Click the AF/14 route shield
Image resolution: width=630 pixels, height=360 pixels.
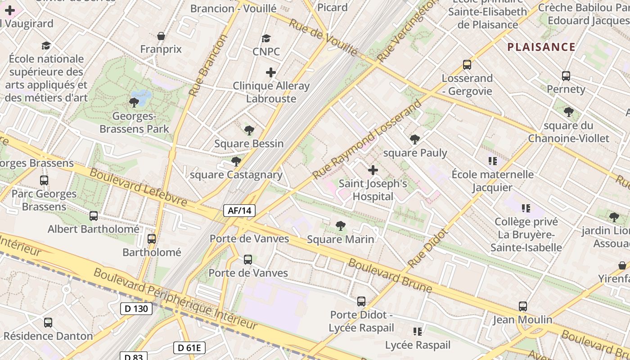point(239,211)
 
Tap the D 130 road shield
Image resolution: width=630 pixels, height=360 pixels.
point(136,309)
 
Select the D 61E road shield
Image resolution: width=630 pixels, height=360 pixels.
point(189,347)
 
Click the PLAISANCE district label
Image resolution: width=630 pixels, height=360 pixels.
point(541,47)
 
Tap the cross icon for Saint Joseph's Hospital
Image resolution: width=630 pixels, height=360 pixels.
point(373,170)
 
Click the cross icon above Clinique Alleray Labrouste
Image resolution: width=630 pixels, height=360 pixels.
point(271,72)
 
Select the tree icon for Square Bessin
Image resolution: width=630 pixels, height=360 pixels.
point(249,130)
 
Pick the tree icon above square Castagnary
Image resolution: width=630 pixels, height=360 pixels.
point(236,162)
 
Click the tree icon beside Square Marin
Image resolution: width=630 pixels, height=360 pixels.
point(341,226)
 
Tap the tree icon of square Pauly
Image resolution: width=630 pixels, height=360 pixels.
point(415,139)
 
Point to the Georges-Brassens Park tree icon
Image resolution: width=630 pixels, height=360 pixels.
point(134,103)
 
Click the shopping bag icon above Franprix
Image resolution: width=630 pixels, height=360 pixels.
point(161,36)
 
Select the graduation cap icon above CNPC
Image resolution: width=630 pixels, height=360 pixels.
point(266,38)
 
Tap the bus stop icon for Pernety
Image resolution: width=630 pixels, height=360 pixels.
point(566,76)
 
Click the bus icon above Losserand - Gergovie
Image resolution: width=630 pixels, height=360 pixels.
point(467,65)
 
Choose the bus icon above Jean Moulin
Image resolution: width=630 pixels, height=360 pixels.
point(522,306)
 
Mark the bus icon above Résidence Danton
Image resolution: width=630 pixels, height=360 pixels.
point(48,323)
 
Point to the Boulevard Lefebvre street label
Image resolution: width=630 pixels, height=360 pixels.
point(138,187)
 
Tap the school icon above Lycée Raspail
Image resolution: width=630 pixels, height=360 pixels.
point(418,332)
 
